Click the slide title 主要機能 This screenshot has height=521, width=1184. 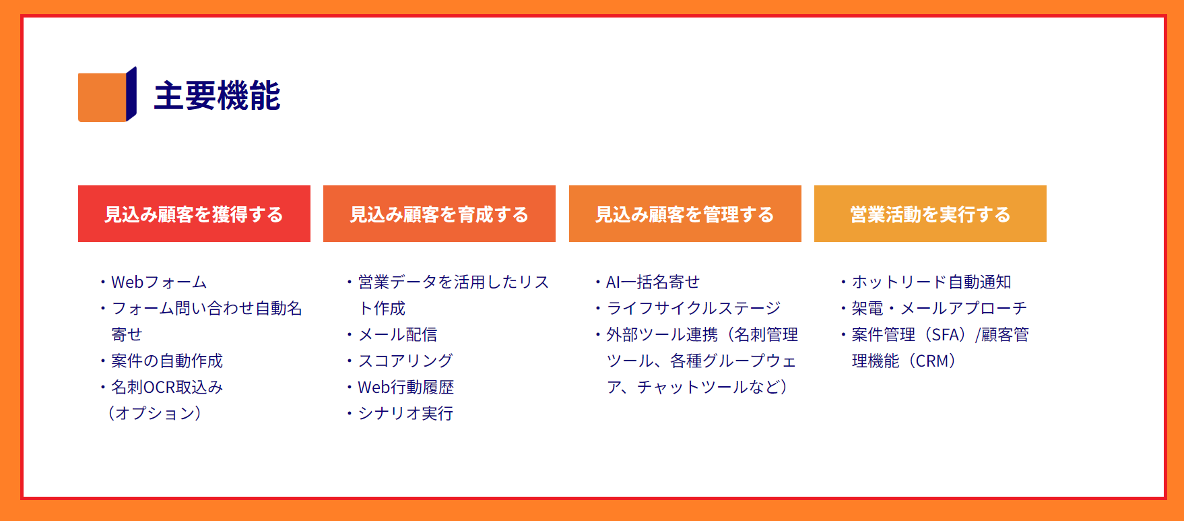click(x=217, y=96)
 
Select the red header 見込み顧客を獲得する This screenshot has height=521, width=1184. click(x=194, y=214)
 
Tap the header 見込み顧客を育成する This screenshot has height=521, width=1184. click(x=439, y=214)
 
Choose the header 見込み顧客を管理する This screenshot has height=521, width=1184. click(x=685, y=214)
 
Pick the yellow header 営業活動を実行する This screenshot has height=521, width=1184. click(x=930, y=214)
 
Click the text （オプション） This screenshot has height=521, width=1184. click(x=155, y=413)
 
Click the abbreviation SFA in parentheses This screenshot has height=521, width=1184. click(x=946, y=335)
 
